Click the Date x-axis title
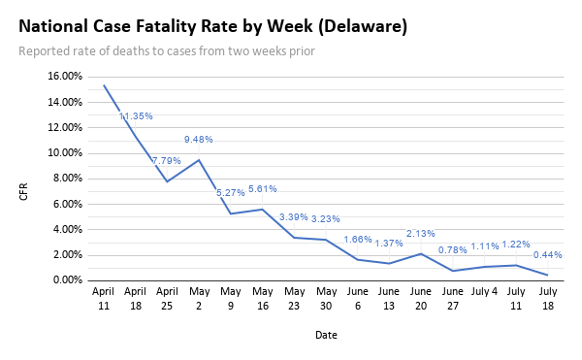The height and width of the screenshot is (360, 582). point(326,335)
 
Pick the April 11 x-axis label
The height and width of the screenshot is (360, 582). point(104,297)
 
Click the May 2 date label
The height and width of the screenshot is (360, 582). point(199,297)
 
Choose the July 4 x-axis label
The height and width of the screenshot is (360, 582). point(484,290)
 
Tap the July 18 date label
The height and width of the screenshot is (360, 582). point(547,297)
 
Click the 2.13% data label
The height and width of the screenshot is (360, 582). point(420,233)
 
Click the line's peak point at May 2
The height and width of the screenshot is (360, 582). point(199,160)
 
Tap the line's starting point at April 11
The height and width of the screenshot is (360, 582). point(104,85)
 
